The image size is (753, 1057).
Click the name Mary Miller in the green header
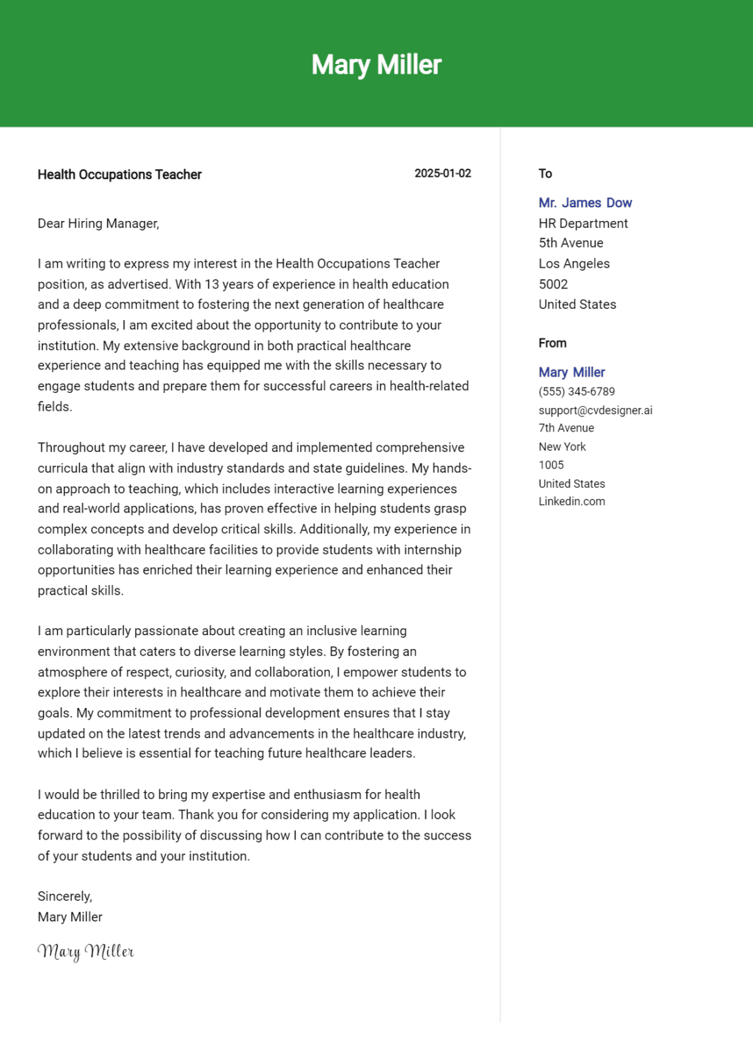[x=376, y=65]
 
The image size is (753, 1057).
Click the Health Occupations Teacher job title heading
[x=120, y=175]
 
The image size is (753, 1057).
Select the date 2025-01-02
[x=442, y=173]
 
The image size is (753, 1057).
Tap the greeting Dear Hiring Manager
[x=98, y=224]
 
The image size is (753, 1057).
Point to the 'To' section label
[x=545, y=173]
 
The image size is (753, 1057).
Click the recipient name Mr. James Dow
[x=585, y=203]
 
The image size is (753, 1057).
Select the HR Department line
[x=583, y=224]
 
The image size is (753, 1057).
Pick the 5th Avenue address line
[x=571, y=243]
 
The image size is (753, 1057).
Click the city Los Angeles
[x=574, y=264]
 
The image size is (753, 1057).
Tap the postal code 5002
[x=553, y=284]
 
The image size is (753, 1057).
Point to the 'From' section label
[x=552, y=343]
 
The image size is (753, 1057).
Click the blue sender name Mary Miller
[x=571, y=372]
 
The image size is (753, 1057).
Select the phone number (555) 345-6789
[x=576, y=392]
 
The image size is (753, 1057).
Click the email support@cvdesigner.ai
[x=595, y=410]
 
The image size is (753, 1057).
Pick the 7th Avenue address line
[x=566, y=428]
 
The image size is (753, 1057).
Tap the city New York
[x=562, y=447]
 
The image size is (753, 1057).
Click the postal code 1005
[x=551, y=465]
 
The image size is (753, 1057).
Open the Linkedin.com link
[x=571, y=502]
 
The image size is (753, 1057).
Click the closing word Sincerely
[x=65, y=896]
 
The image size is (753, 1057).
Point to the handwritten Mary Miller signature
[x=86, y=951]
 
